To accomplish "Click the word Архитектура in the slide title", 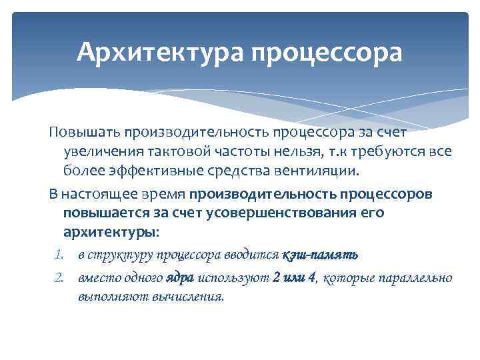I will coord(159,52).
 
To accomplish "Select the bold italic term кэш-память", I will coord(320,255).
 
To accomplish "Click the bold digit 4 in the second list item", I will coord(311,277).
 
